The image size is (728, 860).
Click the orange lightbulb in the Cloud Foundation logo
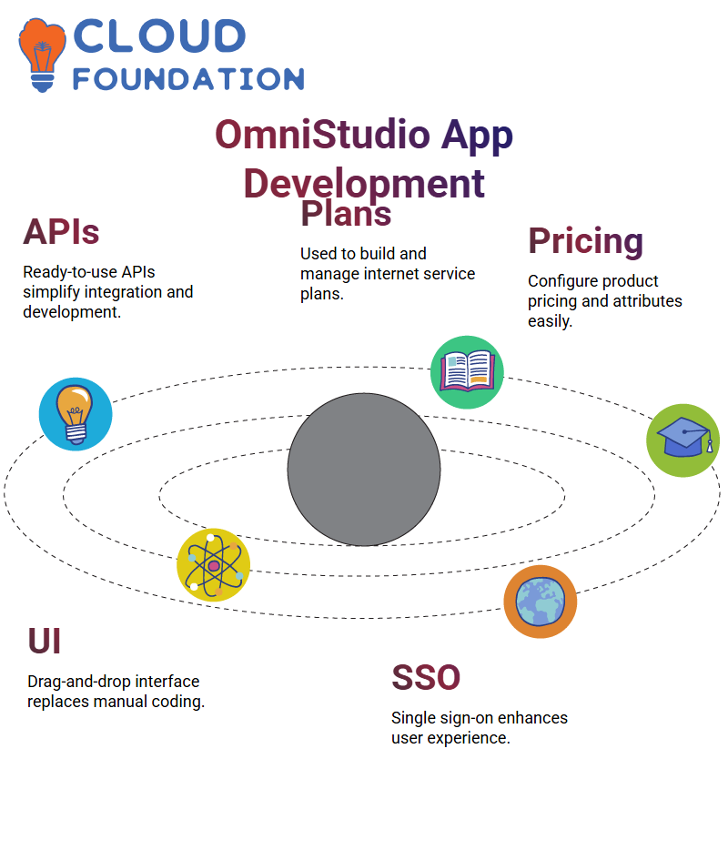[42, 55]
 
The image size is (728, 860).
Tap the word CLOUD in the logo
[159, 35]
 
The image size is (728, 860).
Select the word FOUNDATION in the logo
[188, 79]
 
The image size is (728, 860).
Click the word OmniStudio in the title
[322, 135]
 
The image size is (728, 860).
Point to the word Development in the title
[364, 184]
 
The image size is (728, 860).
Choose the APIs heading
[61, 231]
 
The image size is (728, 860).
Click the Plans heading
[346, 213]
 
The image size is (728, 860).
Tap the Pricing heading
[585, 241]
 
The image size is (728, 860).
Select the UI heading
[44, 641]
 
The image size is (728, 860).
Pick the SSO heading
[426, 677]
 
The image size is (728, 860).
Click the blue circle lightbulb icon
[76, 414]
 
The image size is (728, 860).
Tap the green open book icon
[467, 372]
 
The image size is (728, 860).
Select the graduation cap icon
[683, 440]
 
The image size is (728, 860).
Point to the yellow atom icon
[214, 565]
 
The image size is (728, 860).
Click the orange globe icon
[541, 602]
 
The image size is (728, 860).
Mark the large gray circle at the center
[364, 470]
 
